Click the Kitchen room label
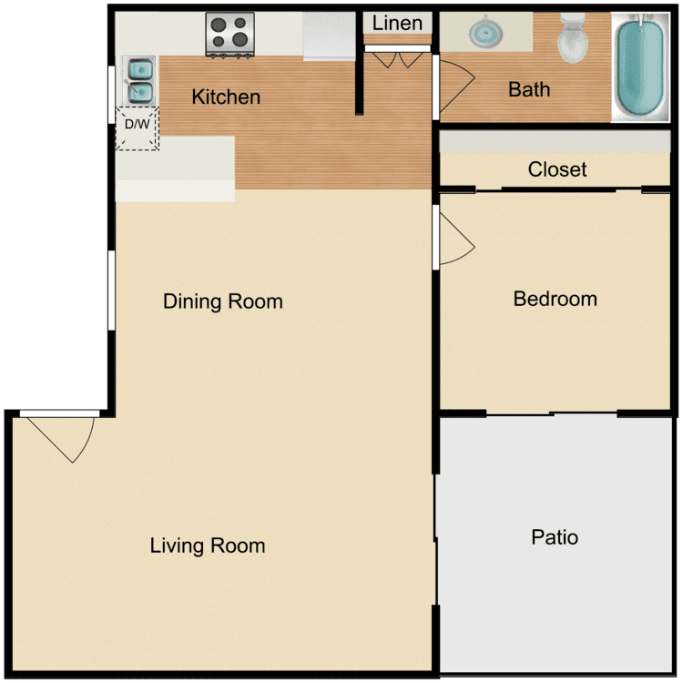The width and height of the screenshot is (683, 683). tap(226, 97)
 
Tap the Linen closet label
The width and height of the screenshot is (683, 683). tap(397, 23)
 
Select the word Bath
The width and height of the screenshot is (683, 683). tap(529, 89)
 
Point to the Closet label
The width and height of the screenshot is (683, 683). tap(557, 169)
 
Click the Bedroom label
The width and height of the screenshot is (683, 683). tap(555, 299)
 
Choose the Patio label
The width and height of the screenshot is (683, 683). tap(555, 537)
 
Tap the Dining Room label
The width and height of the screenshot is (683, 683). tap(222, 301)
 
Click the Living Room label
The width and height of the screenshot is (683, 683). tap(208, 545)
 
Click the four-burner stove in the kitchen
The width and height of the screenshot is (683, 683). tap(229, 34)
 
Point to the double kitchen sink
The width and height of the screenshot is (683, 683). tap(139, 79)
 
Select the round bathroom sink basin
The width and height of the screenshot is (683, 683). tap(487, 34)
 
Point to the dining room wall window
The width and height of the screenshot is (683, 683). tap(111, 290)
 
